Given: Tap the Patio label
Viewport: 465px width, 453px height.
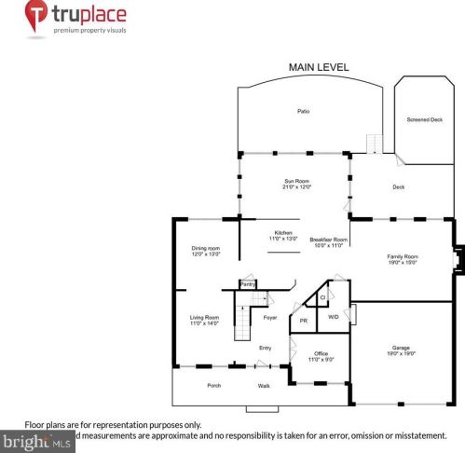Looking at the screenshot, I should (x=303, y=112).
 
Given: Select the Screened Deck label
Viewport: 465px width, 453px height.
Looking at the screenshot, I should (x=425, y=120).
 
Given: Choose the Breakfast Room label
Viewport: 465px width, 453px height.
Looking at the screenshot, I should (x=328, y=240).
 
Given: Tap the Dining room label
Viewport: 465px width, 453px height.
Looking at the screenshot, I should (x=205, y=248).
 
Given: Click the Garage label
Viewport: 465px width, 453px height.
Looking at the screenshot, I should (x=402, y=348).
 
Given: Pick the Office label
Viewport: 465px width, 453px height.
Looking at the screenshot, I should (x=321, y=353).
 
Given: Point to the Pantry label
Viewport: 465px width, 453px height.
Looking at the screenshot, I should (x=248, y=282).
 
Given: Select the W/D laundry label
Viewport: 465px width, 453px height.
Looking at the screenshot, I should (x=334, y=317).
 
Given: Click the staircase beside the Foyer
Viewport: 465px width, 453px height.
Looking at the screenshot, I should (x=242, y=325).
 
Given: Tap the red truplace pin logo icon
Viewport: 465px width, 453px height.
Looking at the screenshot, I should (x=36, y=16).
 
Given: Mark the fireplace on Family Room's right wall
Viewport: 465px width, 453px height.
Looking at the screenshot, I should (x=456, y=260).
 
